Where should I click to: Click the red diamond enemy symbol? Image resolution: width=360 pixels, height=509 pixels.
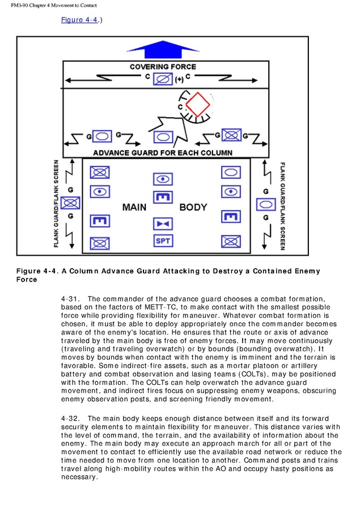pos(198,104)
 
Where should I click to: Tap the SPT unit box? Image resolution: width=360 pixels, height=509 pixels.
pos(163,241)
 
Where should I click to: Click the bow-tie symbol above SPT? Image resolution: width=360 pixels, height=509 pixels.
pos(163,224)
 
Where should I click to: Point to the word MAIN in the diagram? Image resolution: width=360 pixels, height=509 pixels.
pos(134,207)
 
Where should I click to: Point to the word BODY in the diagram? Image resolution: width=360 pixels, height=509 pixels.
pos(193,207)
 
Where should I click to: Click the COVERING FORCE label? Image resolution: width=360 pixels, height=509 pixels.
pos(163,67)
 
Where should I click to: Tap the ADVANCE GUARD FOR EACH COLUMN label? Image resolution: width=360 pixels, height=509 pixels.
pos(163,152)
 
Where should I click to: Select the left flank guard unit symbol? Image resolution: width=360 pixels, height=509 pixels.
pos(71,202)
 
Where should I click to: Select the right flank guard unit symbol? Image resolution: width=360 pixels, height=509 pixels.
pos(265,204)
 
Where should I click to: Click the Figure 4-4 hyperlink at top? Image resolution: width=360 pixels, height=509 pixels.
pos(79,20)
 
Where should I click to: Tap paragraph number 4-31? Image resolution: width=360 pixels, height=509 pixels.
pos(71,299)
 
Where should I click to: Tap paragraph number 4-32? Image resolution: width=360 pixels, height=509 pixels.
pos(71,418)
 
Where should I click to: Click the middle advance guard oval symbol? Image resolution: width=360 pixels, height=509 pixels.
pos(163,137)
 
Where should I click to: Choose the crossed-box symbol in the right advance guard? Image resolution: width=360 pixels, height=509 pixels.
pos(231,135)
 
